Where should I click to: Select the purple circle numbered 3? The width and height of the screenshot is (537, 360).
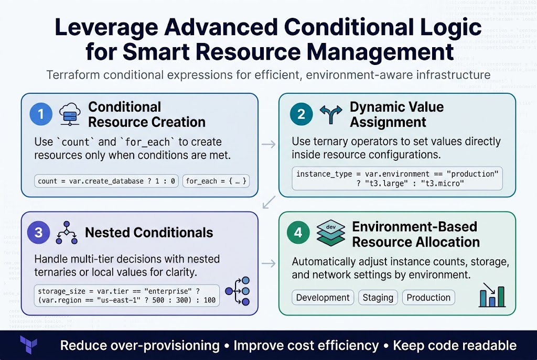point(41,232)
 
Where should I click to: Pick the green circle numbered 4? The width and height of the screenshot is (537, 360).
point(298,232)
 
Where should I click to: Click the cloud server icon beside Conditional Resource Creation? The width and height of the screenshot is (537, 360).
point(70,114)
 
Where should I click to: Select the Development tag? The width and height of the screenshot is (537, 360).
point(323,298)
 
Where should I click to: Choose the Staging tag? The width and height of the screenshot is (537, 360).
point(378,298)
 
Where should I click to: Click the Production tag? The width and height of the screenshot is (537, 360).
point(428,298)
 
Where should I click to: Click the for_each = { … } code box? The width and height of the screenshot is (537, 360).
point(216,181)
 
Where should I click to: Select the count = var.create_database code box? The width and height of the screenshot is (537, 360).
point(106,181)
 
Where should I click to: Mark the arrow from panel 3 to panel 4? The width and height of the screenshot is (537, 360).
point(268,263)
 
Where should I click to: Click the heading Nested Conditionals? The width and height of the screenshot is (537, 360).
point(149,232)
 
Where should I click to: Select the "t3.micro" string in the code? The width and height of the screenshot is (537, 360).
point(446,183)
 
